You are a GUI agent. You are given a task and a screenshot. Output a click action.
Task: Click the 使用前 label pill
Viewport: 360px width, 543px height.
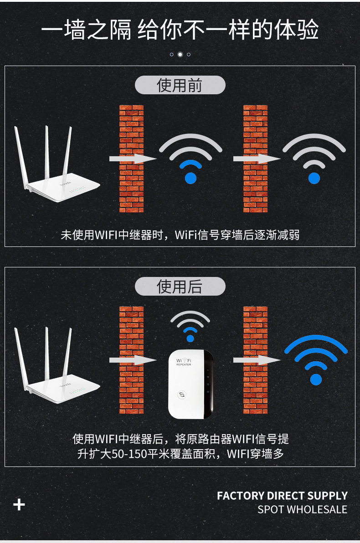pos(180,85)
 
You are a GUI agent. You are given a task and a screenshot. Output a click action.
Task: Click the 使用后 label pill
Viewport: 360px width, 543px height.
pos(180,287)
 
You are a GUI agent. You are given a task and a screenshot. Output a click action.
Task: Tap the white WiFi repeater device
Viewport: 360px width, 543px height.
pos(190,384)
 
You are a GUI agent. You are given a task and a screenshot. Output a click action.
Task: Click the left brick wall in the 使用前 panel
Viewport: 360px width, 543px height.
pos(131,159)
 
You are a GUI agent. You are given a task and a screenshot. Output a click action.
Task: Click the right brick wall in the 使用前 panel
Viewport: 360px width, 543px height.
pos(255,159)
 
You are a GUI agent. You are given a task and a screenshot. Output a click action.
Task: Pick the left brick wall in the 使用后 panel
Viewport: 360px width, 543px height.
pos(131,360)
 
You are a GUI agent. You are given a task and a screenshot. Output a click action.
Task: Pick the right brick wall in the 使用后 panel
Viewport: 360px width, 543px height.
pos(255,360)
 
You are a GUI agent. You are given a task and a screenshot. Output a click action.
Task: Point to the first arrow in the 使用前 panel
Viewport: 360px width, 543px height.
pos(133,159)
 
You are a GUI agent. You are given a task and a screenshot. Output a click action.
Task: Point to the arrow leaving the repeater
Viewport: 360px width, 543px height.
pos(257,360)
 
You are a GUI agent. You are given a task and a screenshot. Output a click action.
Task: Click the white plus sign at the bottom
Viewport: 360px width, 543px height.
pos(19,505)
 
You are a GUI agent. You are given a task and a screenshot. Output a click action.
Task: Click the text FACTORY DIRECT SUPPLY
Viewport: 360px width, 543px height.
pos(282,496)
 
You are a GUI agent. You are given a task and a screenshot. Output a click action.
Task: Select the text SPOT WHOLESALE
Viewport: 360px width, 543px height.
pos(302,509)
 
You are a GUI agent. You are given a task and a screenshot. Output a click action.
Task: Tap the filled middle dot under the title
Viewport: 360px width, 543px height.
pos(180,54)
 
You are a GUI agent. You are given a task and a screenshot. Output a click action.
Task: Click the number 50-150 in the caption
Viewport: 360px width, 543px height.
pos(129,454)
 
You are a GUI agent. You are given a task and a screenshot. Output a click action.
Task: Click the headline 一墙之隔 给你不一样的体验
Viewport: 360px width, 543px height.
pos(180,30)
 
